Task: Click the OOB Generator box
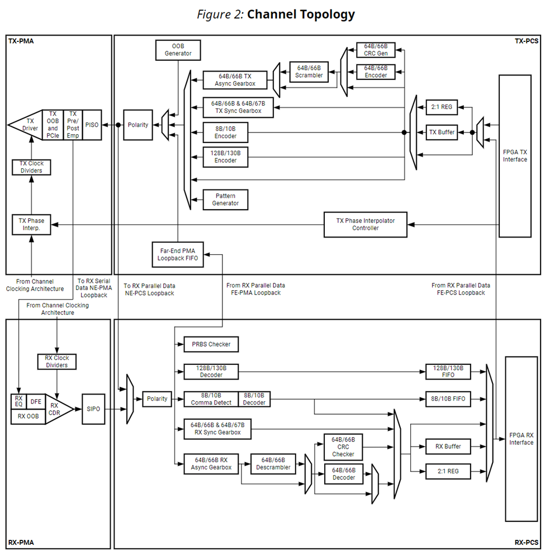click(x=178, y=49)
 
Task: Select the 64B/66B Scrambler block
click(x=309, y=71)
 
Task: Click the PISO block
click(x=92, y=125)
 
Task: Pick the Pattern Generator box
click(x=225, y=200)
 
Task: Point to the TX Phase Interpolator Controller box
click(x=366, y=224)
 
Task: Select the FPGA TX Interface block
click(x=515, y=155)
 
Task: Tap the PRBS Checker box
click(x=211, y=344)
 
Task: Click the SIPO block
click(x=93, y=409)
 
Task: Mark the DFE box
click(x=35, y=401)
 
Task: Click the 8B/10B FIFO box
click(x=448, y=399)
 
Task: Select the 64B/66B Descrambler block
click(x=273, y=463)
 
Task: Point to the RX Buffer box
click(x=448, y=447)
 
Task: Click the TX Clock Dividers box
click(x=31, y=167)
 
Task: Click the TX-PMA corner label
click(x=21, y=41)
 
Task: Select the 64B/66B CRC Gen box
click(x=376, y=49)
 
